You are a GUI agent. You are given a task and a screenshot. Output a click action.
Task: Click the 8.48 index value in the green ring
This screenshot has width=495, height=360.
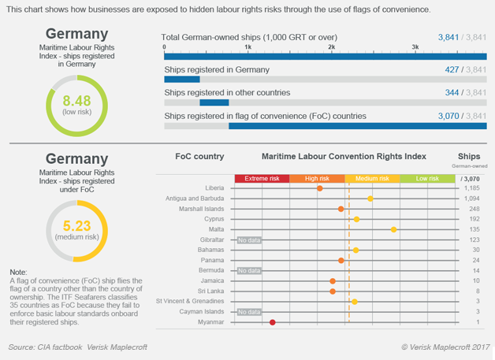pyautogui.click(x=76, y=101)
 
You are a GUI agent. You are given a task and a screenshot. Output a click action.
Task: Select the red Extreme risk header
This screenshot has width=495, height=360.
pyautogui.click(x=262, y=179)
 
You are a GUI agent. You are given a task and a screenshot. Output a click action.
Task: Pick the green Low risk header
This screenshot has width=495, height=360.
pyautogui.click(x=426, y=179)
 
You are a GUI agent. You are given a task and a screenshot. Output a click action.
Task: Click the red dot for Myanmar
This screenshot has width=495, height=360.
pyautogui.click(x=273, y=322)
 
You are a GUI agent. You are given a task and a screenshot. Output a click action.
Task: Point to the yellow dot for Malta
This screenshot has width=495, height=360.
pyautogui.click(x=394, y=229)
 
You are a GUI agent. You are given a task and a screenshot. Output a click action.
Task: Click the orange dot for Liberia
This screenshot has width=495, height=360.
pyautogui.click(x=320, y=188)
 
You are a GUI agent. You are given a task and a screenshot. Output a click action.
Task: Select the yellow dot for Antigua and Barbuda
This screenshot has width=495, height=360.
pyautogui.click(x=370, y=199)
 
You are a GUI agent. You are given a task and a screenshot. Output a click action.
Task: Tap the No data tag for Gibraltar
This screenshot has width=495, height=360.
pyautogui.click(x=249, y=239)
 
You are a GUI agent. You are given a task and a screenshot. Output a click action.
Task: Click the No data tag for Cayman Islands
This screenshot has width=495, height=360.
pyautogui.click(x=249, y=312)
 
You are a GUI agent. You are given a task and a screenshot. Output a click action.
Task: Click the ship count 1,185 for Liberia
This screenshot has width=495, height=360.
pyautogui.click(x=472, y=189)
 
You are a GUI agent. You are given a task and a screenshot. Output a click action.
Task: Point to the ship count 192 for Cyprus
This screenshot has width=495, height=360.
pyautogui.click(x=475, y=219)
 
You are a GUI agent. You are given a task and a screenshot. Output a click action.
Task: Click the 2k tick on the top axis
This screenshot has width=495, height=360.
pyautogui.click(x=332, y=48)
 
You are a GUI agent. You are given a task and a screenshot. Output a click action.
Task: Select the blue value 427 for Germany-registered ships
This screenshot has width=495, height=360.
pyautogui.click(x=451, y=70)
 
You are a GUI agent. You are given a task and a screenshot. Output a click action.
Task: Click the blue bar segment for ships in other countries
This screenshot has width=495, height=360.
pyautogui.click(x=214, y=102)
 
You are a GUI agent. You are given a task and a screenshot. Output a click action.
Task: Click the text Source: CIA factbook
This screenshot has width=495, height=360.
pyautogui.click(x=47, y=347)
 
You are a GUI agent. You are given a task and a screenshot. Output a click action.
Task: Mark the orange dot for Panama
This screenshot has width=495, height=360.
pyautogui.click(x=341, y=260)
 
